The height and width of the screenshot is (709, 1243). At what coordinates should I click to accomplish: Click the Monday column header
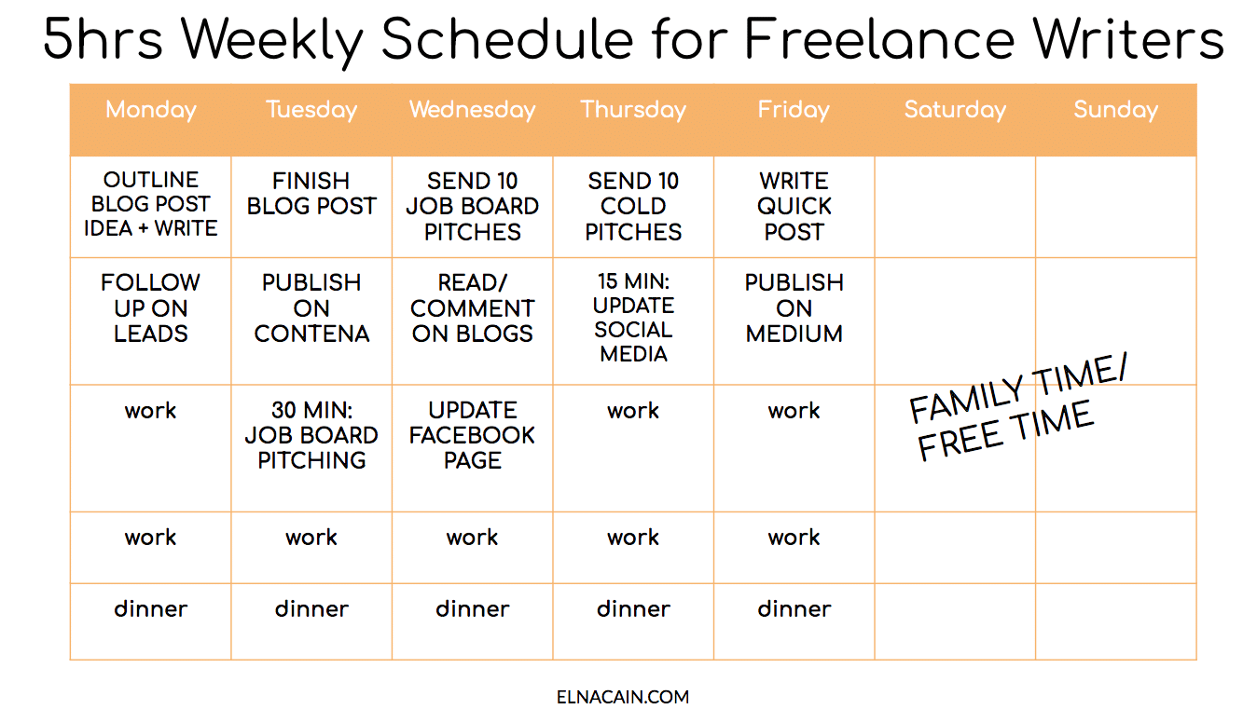(151, 110)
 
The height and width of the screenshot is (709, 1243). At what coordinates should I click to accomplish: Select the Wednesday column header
(472, 110)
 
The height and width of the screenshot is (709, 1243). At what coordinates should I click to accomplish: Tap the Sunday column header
(1115, 110)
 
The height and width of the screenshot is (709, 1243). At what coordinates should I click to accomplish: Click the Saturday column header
(955, 110)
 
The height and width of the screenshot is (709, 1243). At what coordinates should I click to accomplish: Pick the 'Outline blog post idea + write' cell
(151, 205)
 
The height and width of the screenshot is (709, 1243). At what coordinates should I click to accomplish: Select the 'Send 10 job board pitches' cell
(472, 206)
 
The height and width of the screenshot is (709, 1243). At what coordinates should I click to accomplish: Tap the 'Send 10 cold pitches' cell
(633, 206)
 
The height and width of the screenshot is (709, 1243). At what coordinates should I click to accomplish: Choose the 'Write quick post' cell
(794, 206)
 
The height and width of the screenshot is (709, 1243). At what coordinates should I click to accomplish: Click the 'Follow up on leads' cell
(151, 308)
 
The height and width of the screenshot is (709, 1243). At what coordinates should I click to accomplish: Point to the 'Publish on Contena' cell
(311, 308)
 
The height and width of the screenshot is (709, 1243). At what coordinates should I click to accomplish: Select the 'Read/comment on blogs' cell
(472, 308)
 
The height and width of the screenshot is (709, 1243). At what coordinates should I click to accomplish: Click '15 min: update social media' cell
(633, 318)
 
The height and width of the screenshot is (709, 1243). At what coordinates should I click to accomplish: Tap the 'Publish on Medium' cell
(794, 308)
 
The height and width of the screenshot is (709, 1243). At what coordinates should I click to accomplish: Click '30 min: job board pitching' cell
(311, 435)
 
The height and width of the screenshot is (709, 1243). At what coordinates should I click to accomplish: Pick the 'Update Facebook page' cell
(472, 435)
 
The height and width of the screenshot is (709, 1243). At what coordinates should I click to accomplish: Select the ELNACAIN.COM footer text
(622, 696)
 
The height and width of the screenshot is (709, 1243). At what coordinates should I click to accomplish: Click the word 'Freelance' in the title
(877, 39)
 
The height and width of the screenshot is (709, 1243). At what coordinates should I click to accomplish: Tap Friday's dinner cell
(794, 609)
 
